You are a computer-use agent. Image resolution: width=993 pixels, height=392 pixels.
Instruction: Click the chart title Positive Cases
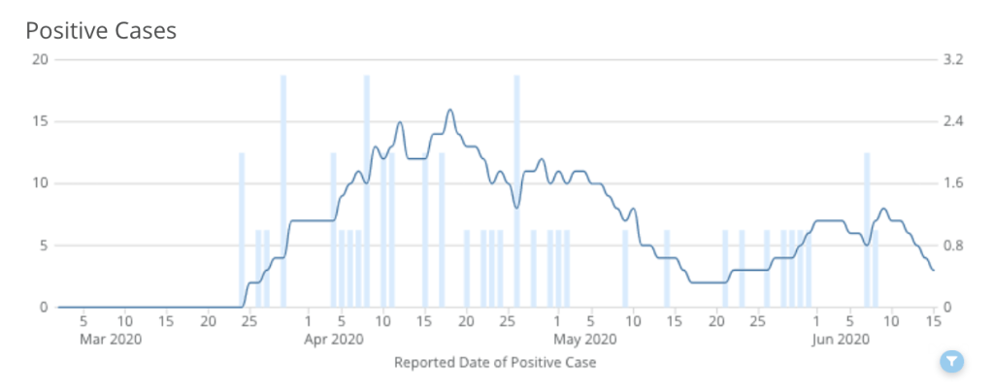(x=101, y=30)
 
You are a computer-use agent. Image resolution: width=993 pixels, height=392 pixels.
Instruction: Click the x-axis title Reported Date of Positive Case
(x=495, y=363)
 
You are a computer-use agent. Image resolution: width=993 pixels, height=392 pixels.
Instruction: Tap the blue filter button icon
(x=952, y=362)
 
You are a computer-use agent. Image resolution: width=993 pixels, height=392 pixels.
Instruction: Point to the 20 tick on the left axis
(x=40, y=59)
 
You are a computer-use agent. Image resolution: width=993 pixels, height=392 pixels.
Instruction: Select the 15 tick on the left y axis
(x=40, y=121)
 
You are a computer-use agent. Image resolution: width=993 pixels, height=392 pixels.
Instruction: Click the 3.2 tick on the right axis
(x=953, y=59)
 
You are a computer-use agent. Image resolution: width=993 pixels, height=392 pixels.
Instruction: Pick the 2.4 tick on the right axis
(x=953, y=121)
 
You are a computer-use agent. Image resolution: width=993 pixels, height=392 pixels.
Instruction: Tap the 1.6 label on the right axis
(x=953, y=183)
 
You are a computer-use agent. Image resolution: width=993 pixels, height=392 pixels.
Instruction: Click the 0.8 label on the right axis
(x=953, y=245)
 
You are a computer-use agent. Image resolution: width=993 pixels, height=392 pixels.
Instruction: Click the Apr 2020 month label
(x=334, y=339)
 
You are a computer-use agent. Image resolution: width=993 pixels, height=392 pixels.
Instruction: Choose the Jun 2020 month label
(x=840, y=339)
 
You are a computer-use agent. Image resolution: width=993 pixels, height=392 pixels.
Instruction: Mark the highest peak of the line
(x=449, y=110)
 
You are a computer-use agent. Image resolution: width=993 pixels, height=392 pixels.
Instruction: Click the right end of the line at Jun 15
(x=933, y=270)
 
